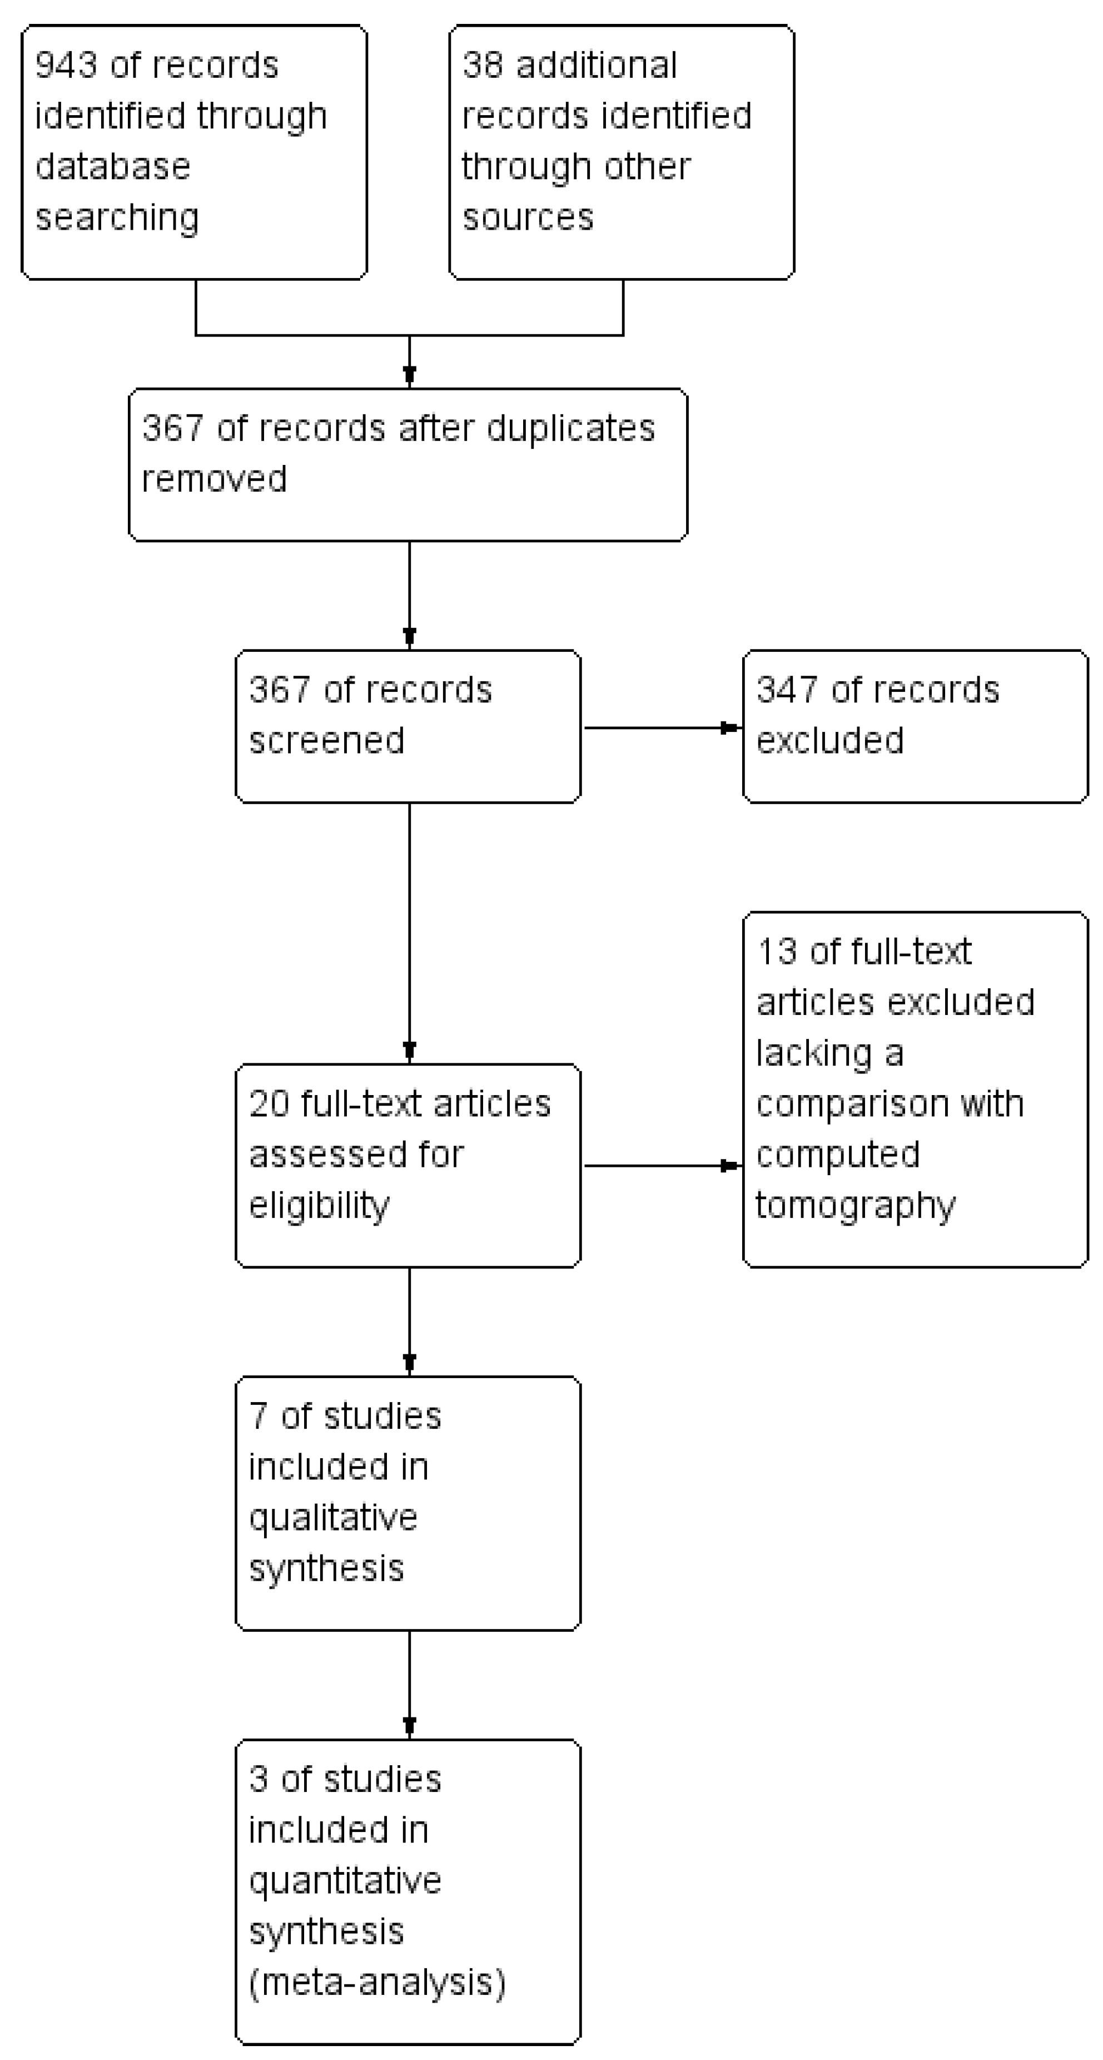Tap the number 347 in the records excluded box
[787, 690]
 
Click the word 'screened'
[327, 740]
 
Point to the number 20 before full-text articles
[269, 1103]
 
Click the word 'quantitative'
[345, 1881]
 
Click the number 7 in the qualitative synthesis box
[258, 1416]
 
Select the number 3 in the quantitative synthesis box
[258, 1779]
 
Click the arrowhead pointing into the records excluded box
[731, 727]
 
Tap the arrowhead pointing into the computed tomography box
[731, 1166]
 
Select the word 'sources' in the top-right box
[528, 217]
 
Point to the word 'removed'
[214, 479]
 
